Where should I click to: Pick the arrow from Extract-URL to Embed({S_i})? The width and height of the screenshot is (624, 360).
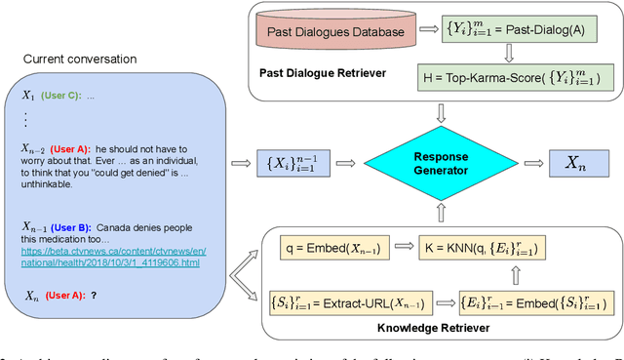click(x=445, y=303)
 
